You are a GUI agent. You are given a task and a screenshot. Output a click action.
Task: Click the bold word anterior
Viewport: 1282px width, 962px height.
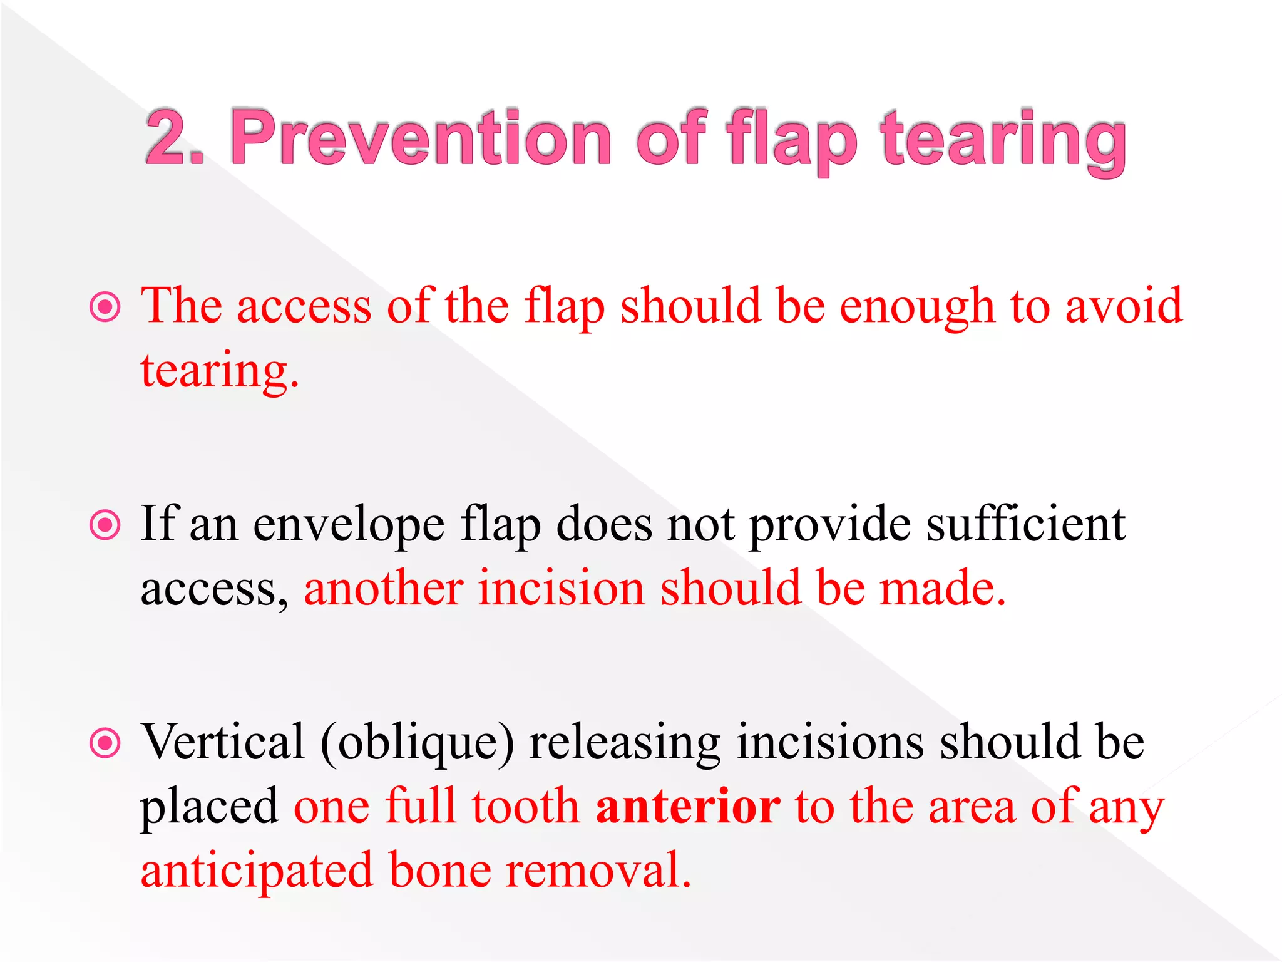(x=688, y=807)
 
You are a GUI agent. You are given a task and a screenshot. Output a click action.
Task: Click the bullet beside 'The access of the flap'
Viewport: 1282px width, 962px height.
(x=105, y=307)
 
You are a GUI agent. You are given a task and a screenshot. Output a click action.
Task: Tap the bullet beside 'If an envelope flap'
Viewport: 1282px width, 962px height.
(x=105, y=525)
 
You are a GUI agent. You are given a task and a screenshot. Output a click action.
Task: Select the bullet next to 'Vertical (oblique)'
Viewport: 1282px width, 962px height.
(x=105, y=743)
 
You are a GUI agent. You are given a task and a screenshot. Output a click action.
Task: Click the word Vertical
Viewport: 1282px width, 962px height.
(x=222, y=742)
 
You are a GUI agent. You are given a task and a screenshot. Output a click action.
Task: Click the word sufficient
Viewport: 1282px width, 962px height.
(x=1025, y=524)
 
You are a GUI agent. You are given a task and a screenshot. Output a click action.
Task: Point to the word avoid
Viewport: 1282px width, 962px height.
(x=1124, y=306)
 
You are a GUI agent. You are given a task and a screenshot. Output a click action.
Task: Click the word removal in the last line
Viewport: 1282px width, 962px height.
(x=598, y=871)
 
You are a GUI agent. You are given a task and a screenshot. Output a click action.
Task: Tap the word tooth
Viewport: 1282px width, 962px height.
(x=525, y=807)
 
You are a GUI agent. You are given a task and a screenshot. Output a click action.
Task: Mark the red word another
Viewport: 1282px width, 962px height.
(x=384, y=589)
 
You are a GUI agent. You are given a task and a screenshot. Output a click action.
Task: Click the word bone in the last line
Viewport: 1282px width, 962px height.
(x=440, y=871)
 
